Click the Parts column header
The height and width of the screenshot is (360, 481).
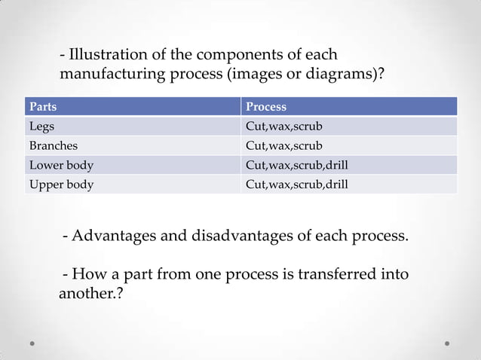click(x=43, y=106)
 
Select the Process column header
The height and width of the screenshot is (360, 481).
click(x=266, y=106)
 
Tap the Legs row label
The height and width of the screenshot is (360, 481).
click(x=41, y=126)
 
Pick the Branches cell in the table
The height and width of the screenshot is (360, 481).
click(x=53, y=145)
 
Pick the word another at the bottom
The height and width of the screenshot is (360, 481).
click(x=87, y=293)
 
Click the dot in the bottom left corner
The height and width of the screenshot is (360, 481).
click(x=33, y=343)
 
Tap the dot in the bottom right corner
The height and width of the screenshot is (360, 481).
click(x=447, y=343)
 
